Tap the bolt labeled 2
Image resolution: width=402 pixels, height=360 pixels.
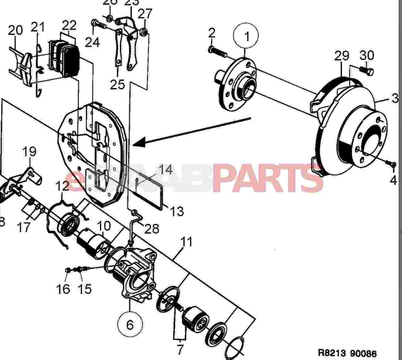[x=217, y=53]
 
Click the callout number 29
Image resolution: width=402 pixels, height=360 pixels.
[x=342, y=56]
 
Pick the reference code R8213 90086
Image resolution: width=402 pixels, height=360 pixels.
[x=347, y=353]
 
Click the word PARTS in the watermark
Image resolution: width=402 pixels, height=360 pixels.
[x=268, y=178]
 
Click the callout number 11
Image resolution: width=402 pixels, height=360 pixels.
[x=186, y=242]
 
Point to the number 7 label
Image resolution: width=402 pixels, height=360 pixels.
[x=180, y=350]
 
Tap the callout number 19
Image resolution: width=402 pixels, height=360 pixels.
[x=29, y=151]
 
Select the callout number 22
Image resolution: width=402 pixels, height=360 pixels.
[x=69, y=25]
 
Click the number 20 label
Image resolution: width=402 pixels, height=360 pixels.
[x=15, y=30]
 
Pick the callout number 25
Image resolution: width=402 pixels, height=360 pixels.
[x=117, y=84]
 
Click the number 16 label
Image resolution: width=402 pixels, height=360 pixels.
[x=63, y=289]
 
